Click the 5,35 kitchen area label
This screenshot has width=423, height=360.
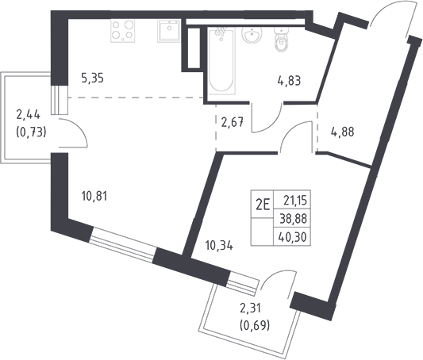tap(92, 79)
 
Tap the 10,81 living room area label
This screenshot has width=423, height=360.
tap(94, 196)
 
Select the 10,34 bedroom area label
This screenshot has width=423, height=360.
tap(219, 246)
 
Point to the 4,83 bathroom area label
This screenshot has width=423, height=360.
tap(289, 81)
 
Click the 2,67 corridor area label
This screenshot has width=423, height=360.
tap(233, 123)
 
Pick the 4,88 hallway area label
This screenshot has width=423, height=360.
tap(343, 132)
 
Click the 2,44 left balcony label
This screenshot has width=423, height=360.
tap(29, 115)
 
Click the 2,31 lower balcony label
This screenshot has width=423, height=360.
tap(251, 308)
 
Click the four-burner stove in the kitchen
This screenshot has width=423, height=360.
tap(122, 30)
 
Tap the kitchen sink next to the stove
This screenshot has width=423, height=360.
tap(168, 30)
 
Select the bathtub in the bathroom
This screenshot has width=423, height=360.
tap(221, 60)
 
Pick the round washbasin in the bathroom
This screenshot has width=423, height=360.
tap(252, 35)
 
